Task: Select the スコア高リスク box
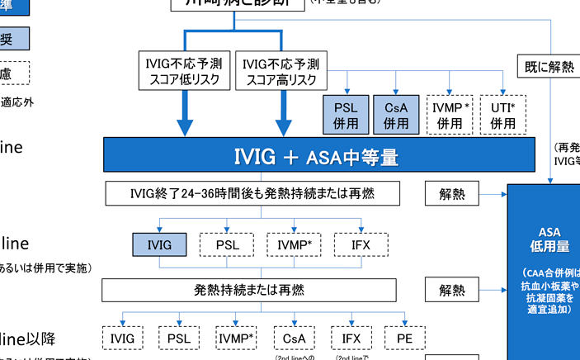[281, 71]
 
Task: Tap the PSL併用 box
[346, 115]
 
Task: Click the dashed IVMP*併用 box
[450, 115]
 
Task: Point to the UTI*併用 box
[502, 115]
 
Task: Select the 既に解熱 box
[549, 67]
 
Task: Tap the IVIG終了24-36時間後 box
[252, 194]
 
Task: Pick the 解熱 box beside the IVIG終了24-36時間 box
[452, 194]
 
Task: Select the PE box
[403, 338]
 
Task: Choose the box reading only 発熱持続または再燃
[248, 290]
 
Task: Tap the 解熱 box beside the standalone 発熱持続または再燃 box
[452, 290]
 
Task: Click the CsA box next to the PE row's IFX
[293, 338]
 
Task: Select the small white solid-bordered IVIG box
[122, 338]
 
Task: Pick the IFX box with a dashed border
[361, 245]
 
